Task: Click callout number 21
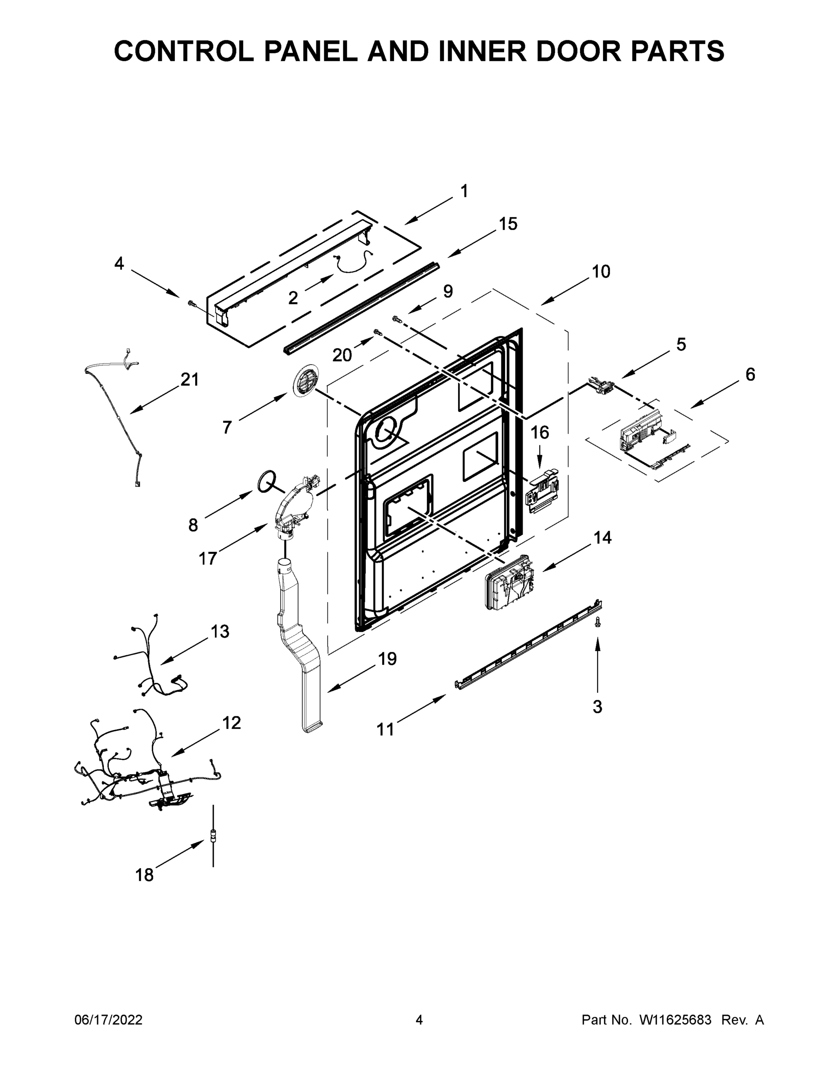click(x=189, y=380)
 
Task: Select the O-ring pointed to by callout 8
click(x=267, y=480)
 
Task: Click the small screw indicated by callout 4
click(x=191, y=302)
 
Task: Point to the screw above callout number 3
click(x=598, y=621)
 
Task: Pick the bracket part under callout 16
click(x=543, y=492)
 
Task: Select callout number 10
click(x=601, y=271)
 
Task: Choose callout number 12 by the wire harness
click(x=231, y=723)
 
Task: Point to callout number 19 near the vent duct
click(x=387, y=659)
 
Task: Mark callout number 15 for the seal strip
click(x=508, y=224)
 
